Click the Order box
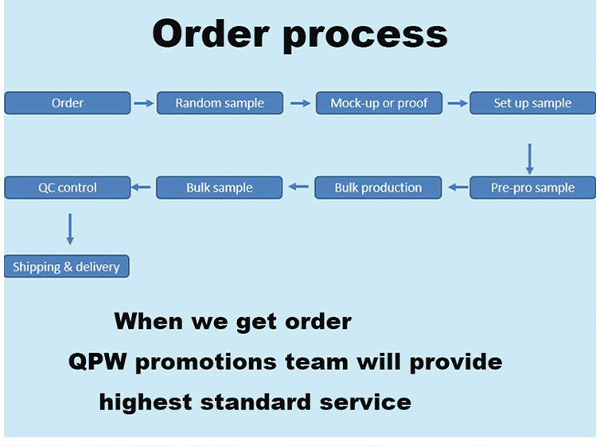pos(68,103)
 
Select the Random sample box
pos(220,103)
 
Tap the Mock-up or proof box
pos(379,103)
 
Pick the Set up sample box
pos(532,103)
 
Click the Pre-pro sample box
pos(532,188)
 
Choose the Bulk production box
pos(378,188)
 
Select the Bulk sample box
pos(220,188)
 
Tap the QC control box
pos(68,188)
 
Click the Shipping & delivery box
pos(66,266)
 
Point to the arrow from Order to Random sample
pos(143,103)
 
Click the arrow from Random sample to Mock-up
pos(300,103)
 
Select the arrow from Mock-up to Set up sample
pos(457,103)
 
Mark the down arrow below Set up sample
pos(530,158)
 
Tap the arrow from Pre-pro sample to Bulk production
pos(458,188)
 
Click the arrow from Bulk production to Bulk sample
pos(298,188)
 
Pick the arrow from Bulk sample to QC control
pos(141,188)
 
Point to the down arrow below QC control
pos(70,228)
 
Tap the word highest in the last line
pos(146,401)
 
